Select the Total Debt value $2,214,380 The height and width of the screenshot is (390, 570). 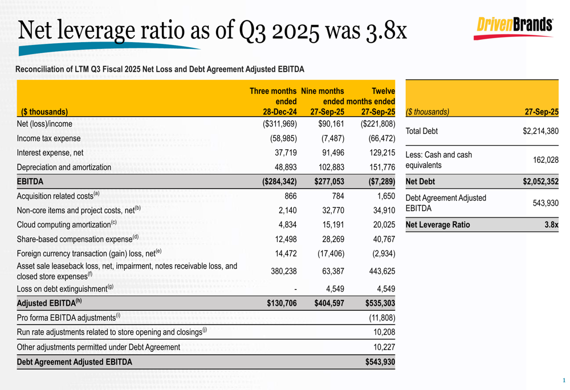pos(540,131)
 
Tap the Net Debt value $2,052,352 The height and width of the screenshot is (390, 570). pos(540,182)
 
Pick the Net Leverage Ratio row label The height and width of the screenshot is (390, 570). pos(437,225)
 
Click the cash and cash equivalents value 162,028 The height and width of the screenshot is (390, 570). pos(545,160)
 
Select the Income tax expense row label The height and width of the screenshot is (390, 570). pos(48,138)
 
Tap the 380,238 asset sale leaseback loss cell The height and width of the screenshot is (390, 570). pos(283,271)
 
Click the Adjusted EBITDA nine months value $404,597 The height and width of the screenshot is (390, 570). pos(329,303)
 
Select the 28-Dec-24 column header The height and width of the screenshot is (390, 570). pos(276,112)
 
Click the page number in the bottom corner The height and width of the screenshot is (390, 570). pos(564,380)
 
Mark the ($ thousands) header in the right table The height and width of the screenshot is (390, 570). pos(427,112)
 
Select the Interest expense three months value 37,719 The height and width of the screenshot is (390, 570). pos(283,153)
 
